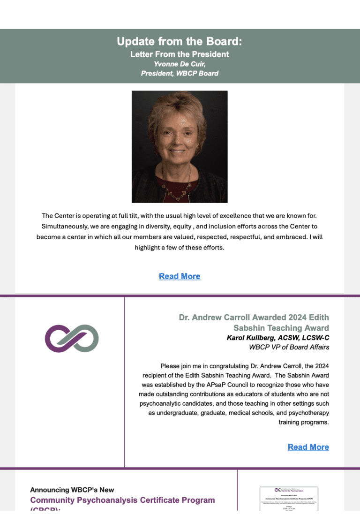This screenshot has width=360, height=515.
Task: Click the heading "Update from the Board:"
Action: click(180, 42)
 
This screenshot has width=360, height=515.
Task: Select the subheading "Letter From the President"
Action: click(180, 54)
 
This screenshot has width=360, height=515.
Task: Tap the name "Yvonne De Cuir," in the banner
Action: click(180, 64)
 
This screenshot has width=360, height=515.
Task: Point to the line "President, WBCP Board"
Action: click(180, 73)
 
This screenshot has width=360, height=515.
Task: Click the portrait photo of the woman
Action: click(180, 146)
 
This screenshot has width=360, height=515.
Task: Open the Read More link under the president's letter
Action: click(180, 276)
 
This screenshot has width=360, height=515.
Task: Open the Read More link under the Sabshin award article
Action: click(308, 447)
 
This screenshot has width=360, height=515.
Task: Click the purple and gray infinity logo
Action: click(72, 339)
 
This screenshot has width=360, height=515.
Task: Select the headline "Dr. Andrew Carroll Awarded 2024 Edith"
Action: click(254, 318)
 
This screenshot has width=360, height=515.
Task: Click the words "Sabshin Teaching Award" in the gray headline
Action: click(281, 328)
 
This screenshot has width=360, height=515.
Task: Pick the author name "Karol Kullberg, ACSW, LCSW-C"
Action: click(277, 338)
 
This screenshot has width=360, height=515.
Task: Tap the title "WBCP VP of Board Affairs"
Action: click(289, 348)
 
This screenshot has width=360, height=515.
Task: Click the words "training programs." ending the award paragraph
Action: click(304, 422)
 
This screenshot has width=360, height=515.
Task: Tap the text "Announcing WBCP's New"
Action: click(72, 490)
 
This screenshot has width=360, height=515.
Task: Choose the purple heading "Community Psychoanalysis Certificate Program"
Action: click(122, 500)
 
